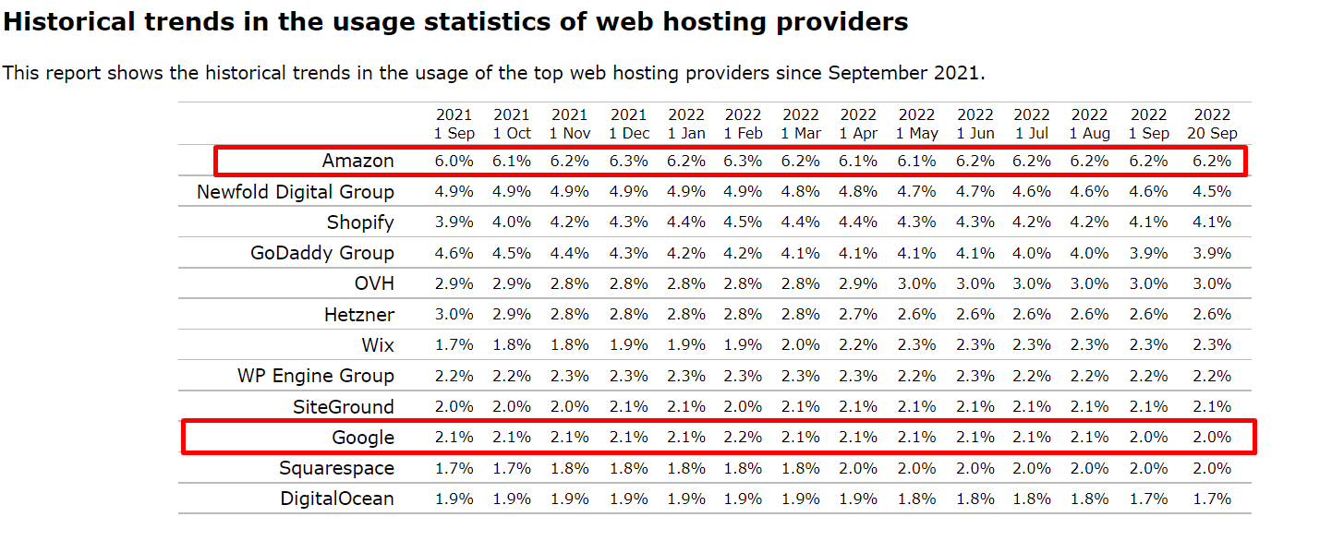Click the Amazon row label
357,161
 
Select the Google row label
363,438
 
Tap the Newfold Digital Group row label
295,192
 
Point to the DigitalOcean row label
337,499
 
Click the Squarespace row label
336,468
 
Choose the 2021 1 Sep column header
454,124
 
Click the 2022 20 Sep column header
1212,124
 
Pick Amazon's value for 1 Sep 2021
454,161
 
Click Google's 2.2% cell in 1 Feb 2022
743,438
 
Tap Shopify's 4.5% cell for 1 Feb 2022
743,222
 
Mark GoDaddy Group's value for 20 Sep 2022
1212,253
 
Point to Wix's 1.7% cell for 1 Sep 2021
454,345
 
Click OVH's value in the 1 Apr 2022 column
858,283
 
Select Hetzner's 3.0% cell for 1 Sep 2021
454,315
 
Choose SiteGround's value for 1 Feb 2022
743,407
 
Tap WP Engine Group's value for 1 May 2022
916,376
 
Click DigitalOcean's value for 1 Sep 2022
1149,499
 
